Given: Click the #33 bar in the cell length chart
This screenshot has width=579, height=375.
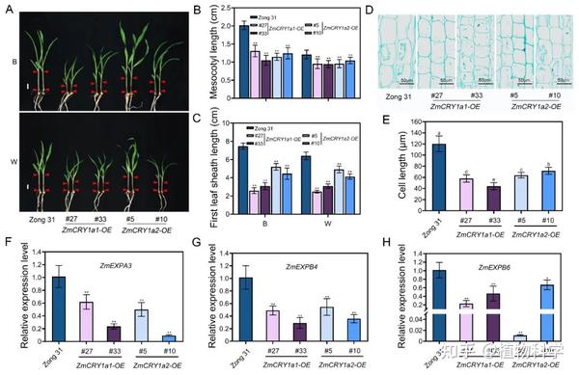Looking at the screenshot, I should [x=473, y=201].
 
